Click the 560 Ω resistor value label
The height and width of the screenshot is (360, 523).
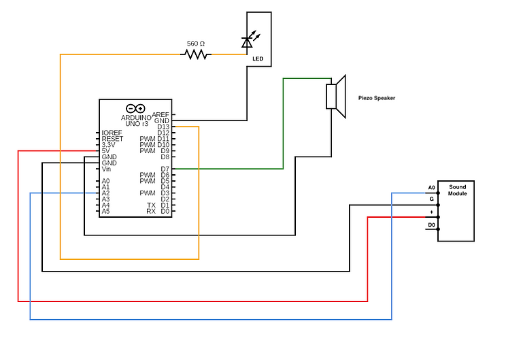tap(196, 44)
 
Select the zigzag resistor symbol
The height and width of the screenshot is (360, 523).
tap(196, 54)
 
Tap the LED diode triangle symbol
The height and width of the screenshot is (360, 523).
tap(247, 43)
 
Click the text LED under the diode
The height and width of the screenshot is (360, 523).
tap(258, 59)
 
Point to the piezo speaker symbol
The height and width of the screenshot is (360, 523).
tap(336, 96)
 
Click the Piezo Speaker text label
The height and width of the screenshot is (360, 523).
tap(377, 98)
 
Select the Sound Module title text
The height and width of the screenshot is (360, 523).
tap(457, 190)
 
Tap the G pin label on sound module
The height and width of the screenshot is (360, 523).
tap(431, 199)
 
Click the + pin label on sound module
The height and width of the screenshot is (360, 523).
tap(431, 212)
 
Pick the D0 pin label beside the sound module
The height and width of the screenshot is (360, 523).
tap(431, 225)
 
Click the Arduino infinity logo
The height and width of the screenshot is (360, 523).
tap(135, 108)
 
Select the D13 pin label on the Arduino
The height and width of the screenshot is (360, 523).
tap(163, 127)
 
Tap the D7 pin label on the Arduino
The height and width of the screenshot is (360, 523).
tap(165, 169)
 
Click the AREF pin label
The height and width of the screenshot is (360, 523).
tap(161, 114)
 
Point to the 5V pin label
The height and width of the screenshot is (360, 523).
tap(105, 150)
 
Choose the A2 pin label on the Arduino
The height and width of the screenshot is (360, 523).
tap(105, 193)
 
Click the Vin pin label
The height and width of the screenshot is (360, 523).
tap(106, 169)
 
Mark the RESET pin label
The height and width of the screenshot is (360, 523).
tap(112, 139)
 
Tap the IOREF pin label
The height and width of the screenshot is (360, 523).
tap(112, 133)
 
